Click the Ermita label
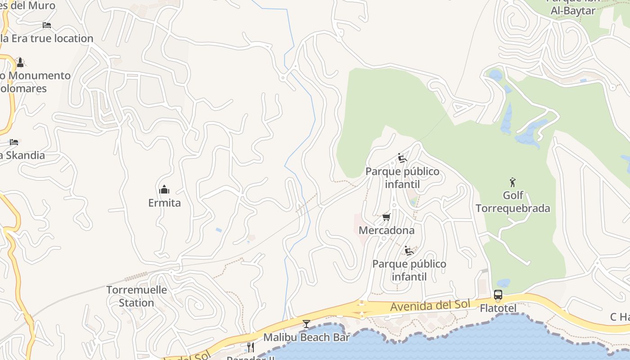pyautogui.click(x=165, y=203)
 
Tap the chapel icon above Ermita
pyautogui.click(x=165, y=189)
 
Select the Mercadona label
pyautogui.click(x=387, y=230)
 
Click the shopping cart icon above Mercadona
pyautogui.click(x=386, y=218)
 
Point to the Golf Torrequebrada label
pyautogui.click(x=513, y=202)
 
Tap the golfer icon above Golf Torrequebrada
pyautogui.click(x=512, y=182)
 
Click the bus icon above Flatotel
pyautogui.click(x=498, y=295)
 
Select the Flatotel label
pyautogui.click(x=498, y=308)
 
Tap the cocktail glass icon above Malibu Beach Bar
pyautogui.click(x=306, y=324)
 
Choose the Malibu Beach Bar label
pyautogui.click(x=306, y=337)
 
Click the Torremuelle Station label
pyautogui.click(x=136, y=296)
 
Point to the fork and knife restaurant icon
pyautogui.click(x=250, y=347)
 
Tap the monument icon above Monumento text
pyautogui.click(x=20, y=62)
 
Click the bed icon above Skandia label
pyautogui.click(x=14, y=142)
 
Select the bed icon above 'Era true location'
pyautogui.click(x=47, y=25)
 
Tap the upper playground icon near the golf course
pyautogui.click(x=402, y=158)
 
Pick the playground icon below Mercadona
pyautogui.click(x=409, y=251)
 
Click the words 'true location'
pyautogui.click(x=62, y=39)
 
